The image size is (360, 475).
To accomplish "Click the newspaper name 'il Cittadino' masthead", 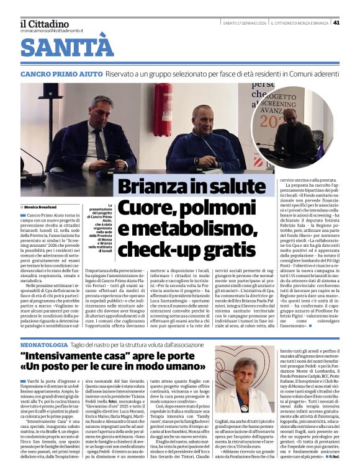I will pyautogui.click(x=44, y=24).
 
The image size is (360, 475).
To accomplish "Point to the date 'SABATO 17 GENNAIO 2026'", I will pyautogui.click(x=246, y=23).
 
